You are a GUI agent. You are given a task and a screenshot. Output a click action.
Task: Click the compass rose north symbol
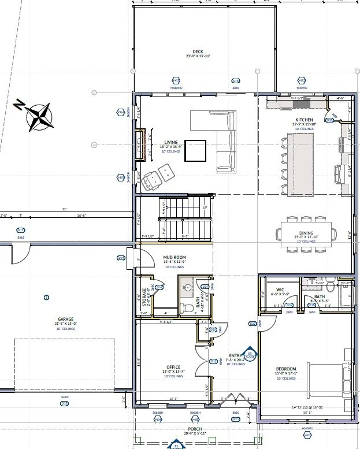(x=37, y=115)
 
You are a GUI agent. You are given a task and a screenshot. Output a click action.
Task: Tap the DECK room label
(x=198, y=51)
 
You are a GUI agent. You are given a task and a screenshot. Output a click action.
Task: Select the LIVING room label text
(x=170, y=142)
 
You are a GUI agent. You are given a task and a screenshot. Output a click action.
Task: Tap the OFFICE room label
(x=173, y=367)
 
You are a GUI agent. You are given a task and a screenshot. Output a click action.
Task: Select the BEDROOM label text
(x=286, y=369)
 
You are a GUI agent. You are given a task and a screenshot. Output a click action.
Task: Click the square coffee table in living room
(x=195, y=150)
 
